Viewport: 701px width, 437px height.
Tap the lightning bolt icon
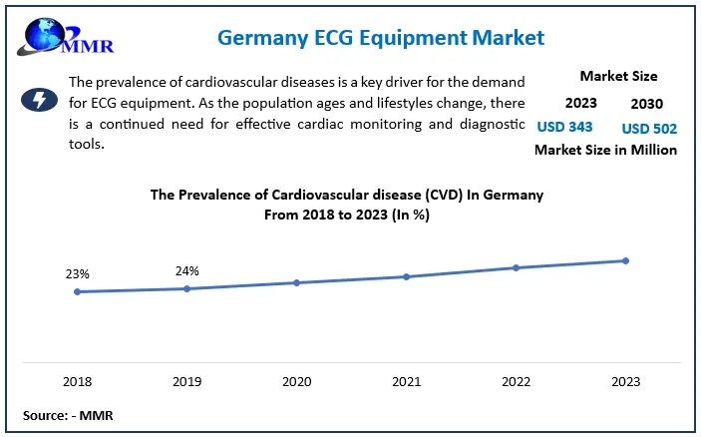coord(39,100)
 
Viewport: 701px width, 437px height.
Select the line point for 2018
coord(77,292)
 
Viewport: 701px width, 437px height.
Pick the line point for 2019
coord(186,289)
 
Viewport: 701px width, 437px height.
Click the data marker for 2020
coord(296,282)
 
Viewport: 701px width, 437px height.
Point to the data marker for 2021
coord(406,276)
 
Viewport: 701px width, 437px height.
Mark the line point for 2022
coord(516,267)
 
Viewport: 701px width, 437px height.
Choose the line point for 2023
coord(625,260)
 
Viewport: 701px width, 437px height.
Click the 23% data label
coord(78,273)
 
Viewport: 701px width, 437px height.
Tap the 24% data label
coord(186,270)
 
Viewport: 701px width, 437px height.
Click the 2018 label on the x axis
coord(77,381)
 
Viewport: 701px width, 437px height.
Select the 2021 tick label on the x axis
coord(406,381)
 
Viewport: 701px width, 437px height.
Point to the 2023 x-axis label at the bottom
coord(625,381)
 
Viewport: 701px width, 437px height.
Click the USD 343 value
coord(565,127)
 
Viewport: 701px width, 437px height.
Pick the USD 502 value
coord(649,127)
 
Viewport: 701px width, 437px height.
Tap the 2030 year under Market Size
coord(648,103)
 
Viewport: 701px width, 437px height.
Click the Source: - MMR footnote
coord(68,414)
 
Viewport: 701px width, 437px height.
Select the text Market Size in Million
coord(606,150)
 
